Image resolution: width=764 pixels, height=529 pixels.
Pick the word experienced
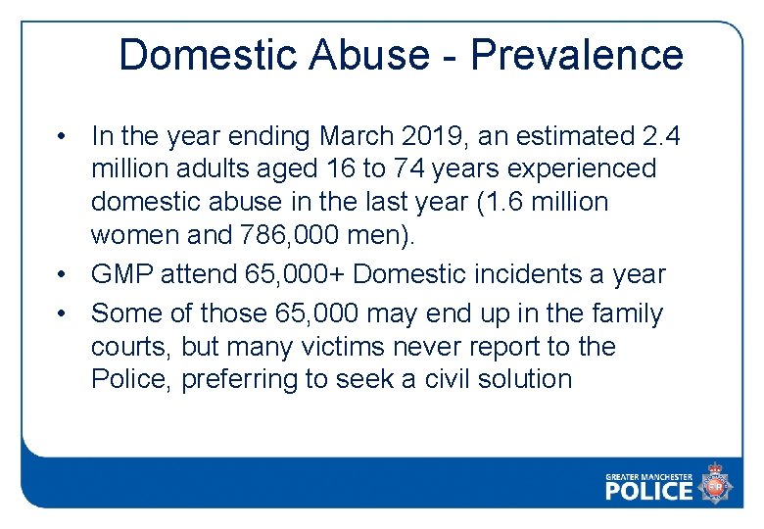tap(584, 168)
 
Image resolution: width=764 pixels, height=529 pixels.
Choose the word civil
tap(447, 379)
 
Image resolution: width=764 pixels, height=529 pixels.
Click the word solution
tap(530, 379)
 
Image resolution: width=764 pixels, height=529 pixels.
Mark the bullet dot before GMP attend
tap(62, 275)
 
